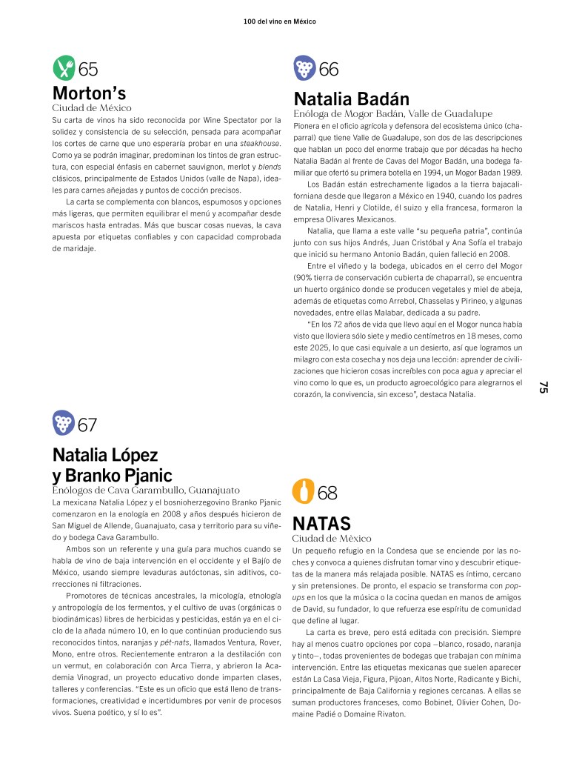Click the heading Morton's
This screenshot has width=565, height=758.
pos(90,93)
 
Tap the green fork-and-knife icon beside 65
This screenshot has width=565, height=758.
pos(64,69)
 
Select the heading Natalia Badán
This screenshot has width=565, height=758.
pos(351,99)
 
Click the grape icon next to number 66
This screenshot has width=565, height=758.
pos(304,69)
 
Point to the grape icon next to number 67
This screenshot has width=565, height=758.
pos(64,424)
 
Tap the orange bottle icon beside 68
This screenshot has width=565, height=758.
pos(303,491)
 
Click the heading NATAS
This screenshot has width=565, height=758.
pos(321,524)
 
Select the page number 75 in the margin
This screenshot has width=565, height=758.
pos(543,387)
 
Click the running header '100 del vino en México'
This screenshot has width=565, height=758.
pos(279,21)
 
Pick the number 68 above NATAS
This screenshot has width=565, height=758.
pos(327,492)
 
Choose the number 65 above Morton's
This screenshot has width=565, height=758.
pos(88,70)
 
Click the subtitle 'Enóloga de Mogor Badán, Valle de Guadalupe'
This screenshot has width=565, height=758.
pos(392,114)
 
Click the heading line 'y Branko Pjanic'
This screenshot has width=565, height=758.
pos(112,475)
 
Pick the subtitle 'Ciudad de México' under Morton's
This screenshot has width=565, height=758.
pos(91,108)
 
